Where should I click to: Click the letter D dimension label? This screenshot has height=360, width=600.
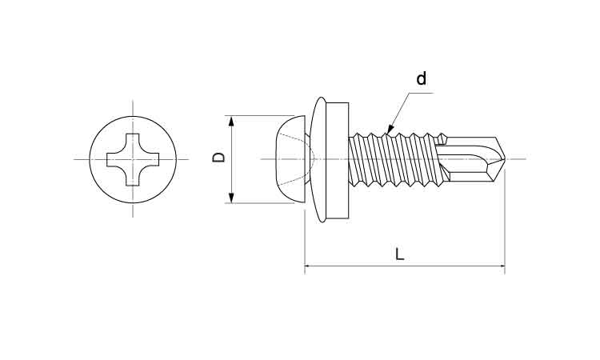pyautogui.click(x=218, y=158)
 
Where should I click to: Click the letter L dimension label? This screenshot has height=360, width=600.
pyautogui.click(x=400, y=254)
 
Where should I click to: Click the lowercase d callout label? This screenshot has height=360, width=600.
pyautogui.click(x=422, y=79)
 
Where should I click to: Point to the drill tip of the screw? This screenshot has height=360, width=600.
pyautogui.click(x=502, y=159)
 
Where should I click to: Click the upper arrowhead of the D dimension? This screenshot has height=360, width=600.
pyautogui.click(x=232, y=122)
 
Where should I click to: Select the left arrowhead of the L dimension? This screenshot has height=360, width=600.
pyautogui.click(x=310, y=266)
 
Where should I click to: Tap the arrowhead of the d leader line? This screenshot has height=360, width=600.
pyautogui.click(x=390, y=130)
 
